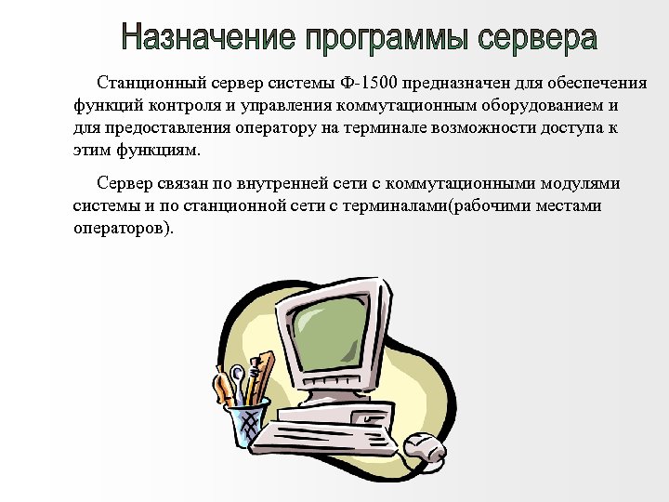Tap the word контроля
click(x=173, y=107)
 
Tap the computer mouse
click(x=426, y=444)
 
